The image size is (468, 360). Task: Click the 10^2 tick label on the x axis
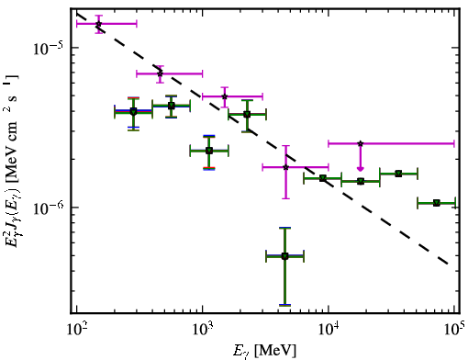coord(76,330)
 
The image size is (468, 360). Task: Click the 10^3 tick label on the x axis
coord(202,330)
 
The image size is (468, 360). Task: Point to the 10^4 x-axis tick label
coord(329,330)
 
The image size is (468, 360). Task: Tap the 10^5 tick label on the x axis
coord(454,330)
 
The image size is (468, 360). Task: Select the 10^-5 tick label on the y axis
coord(47,50)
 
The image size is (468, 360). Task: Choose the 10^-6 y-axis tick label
coord(47,209)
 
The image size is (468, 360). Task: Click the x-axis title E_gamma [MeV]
coord(264,351)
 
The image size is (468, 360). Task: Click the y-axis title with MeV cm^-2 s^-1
coord(12,161)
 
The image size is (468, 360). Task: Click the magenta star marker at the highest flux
coord(98,24)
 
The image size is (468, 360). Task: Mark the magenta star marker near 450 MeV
coord(160,73)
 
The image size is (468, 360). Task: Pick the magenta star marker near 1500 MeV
coord(225,96)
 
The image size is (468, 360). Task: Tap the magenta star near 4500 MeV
coord(285,167)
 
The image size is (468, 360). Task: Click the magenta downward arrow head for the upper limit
coord(361,169)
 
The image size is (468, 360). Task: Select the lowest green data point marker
coord(284,256)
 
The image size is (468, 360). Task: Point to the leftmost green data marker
coord(133,111)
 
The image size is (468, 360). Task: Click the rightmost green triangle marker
coord(437,203)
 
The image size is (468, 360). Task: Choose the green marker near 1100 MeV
coord(209,151)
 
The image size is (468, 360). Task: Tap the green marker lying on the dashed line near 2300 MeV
coord(247,115)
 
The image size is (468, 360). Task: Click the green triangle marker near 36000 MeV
coord(398,174)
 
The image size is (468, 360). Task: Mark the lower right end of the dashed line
coord(449,264)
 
